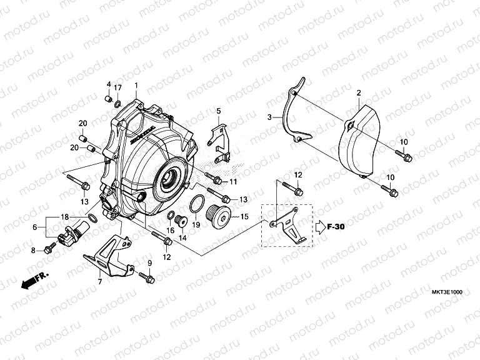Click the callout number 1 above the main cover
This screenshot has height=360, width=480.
136,85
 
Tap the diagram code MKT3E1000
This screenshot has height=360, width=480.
448,292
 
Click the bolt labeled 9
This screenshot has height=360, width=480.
146,276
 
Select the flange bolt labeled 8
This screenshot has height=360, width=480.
48,250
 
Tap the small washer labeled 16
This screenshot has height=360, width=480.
170,216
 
